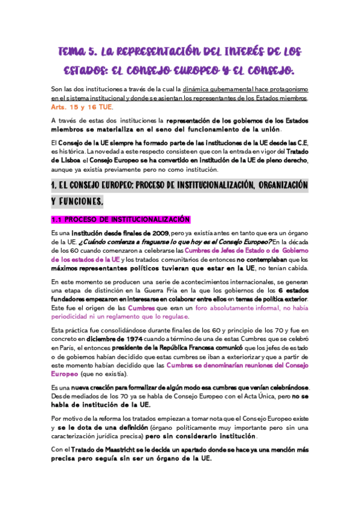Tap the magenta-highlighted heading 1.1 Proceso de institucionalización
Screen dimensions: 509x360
121,219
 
